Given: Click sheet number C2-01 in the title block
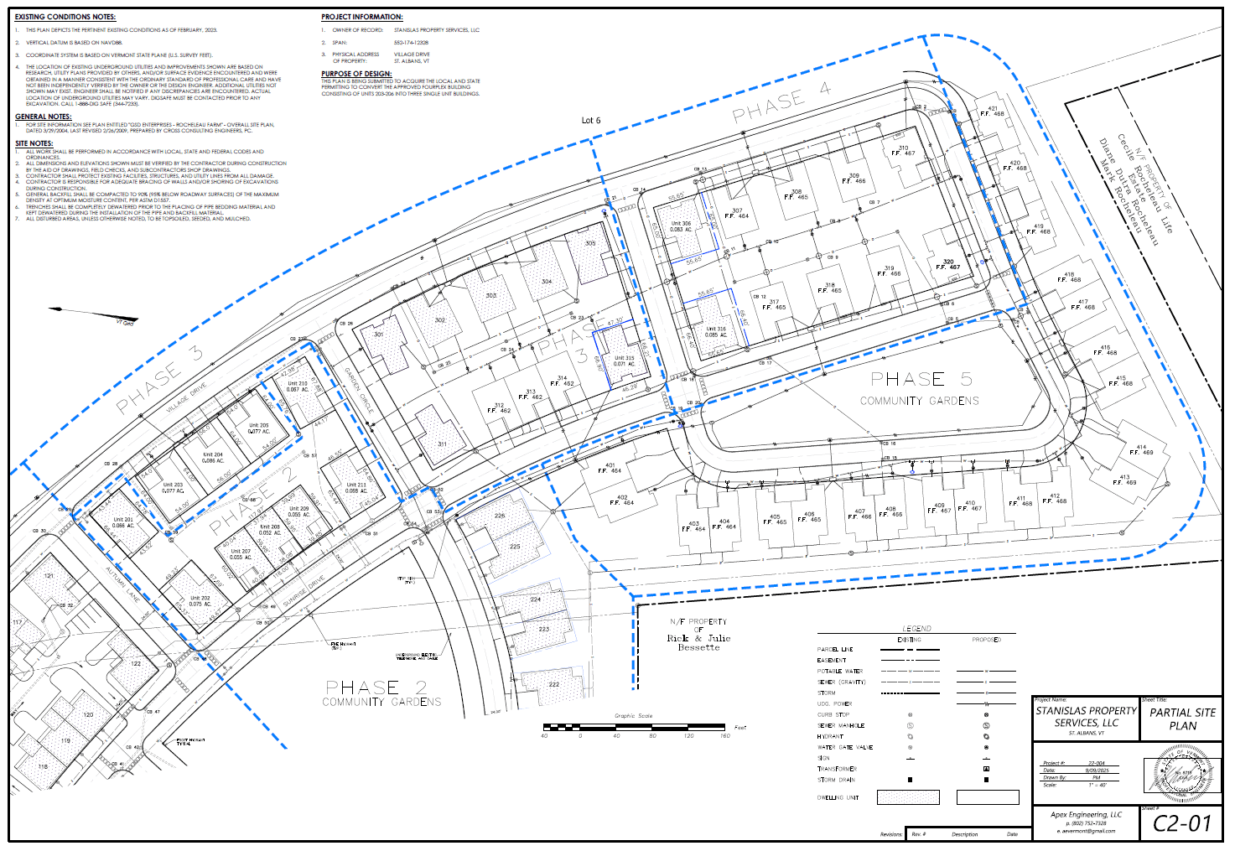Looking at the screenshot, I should (x=1182, y=823).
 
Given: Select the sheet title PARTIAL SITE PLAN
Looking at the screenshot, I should (x=1182, y=719).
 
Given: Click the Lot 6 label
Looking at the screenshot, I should (x=591, y=121).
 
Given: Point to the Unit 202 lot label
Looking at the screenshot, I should (x=200, y=601).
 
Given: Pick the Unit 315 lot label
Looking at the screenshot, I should (x=624, y=361).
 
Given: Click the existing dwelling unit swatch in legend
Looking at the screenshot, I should (x=908, y=797).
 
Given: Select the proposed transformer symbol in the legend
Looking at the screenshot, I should (x=986, y=769).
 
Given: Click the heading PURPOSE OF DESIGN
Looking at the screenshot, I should (x=356, y=74).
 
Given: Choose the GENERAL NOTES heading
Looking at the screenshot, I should (x=44, y=117).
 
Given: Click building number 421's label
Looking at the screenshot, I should (x=993, y=111).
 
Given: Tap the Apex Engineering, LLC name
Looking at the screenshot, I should (x=1086, y=814).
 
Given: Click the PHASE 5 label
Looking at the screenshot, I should (x=921, y=379).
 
